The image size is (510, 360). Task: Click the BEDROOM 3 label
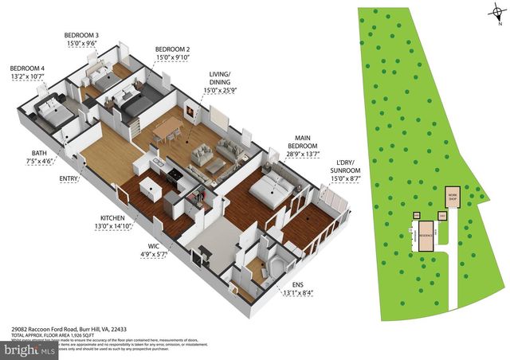click(x=81, y=36)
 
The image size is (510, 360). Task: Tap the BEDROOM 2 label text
click(x=171, y=49)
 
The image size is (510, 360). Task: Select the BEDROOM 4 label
click(x=26, y=68)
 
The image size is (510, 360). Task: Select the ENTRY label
click(x=69, y=178)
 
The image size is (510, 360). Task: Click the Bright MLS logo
click(x=30, y=349)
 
